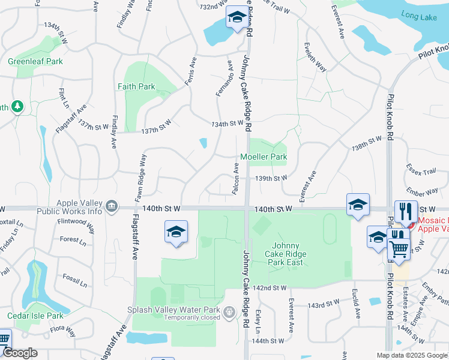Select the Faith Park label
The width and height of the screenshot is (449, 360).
136,86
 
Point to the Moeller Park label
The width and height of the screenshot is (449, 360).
264,157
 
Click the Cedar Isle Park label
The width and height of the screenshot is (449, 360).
35,316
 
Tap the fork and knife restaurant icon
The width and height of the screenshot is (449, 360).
406,212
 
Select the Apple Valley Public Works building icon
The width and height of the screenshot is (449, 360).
111,207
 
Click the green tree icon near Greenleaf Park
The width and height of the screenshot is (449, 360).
18,106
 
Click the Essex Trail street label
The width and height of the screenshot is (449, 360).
421,170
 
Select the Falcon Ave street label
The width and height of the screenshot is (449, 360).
236,178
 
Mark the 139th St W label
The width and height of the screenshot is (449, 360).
271,178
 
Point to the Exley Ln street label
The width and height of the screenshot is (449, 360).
258,322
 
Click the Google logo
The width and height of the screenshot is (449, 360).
20,353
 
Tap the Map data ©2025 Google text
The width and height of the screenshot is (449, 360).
411,355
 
